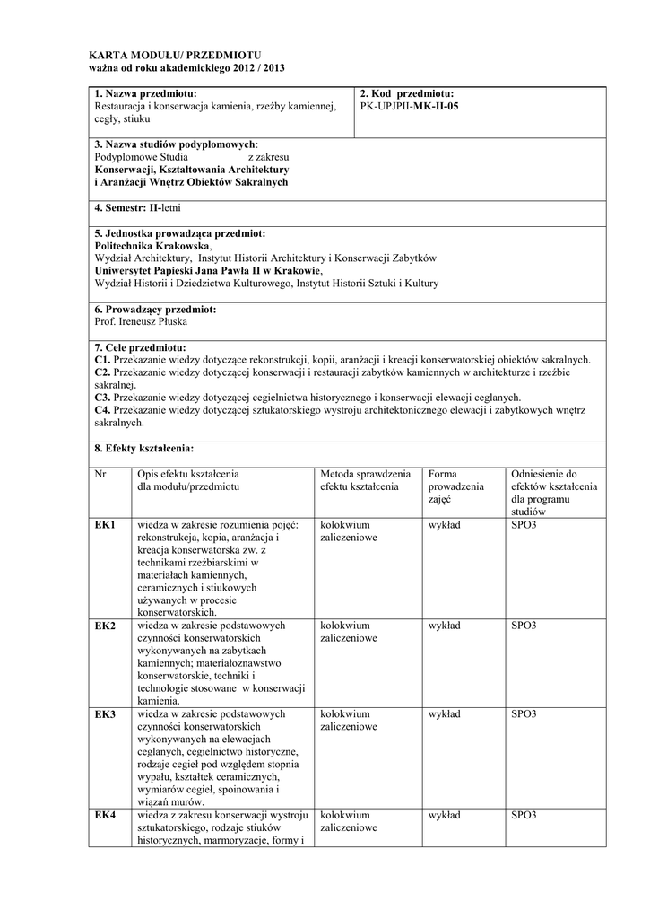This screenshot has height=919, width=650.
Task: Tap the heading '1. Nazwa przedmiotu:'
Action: pos(145,93)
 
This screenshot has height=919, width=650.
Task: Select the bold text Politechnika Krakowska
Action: pos(152,245)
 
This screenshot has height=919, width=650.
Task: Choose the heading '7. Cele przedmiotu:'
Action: pos(140,347)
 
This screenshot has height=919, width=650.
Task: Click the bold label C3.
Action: pos(101,398)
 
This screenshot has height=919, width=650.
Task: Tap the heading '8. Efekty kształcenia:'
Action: pos(144,448)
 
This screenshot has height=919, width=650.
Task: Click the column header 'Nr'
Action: pos(100,474)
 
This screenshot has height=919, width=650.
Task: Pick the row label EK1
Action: pos(105,524)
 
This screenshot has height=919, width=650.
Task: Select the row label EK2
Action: pos(105,626)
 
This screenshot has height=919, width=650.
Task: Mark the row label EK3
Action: pos(105,714)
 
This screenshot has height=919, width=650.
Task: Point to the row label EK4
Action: pos(105,815)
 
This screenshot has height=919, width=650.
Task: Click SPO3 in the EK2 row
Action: pos(524,626)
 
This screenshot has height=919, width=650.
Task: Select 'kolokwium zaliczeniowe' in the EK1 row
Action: pos(349,530)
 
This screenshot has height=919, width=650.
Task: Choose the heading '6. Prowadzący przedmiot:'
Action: pos(155,309)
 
